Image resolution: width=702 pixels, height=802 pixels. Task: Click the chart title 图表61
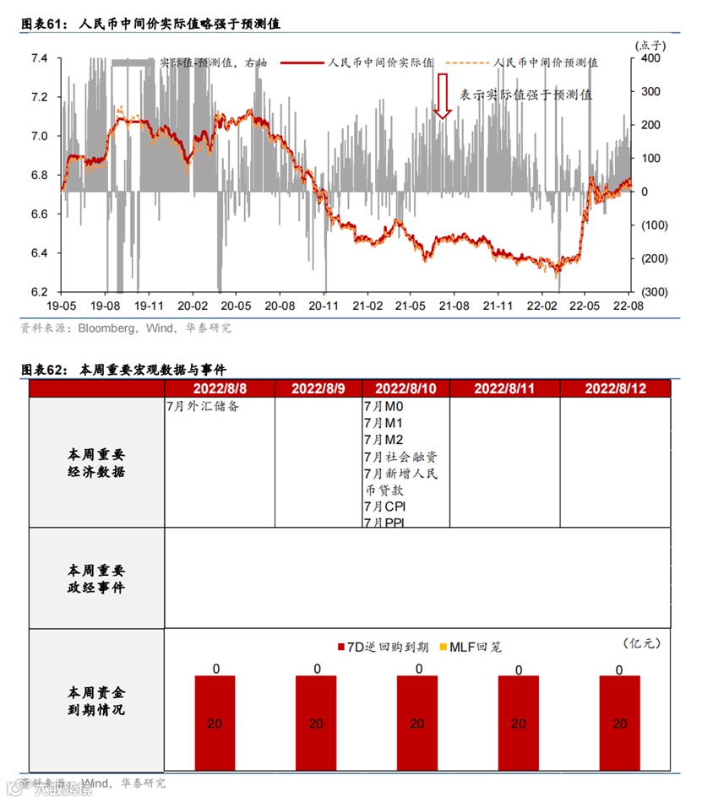coord(150,24)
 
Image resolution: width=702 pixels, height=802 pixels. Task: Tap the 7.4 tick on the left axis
coord(40,59)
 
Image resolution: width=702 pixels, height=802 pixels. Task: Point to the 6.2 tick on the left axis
coord(40,292)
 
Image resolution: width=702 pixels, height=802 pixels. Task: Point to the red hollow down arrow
coord(442,95)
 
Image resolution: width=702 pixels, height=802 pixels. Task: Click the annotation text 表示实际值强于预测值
coord(525,95)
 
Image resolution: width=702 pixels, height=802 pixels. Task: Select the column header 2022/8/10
coord(405,388)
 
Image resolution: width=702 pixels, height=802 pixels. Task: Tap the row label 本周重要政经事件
coord(96,579)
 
